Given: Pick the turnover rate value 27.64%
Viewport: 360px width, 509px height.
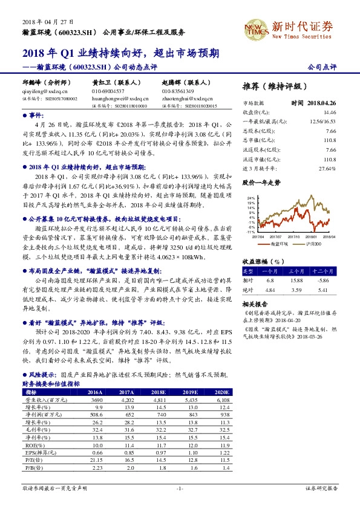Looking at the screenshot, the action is [x=326, y=168].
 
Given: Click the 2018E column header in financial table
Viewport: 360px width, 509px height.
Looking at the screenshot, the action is [x=161, y=392].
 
